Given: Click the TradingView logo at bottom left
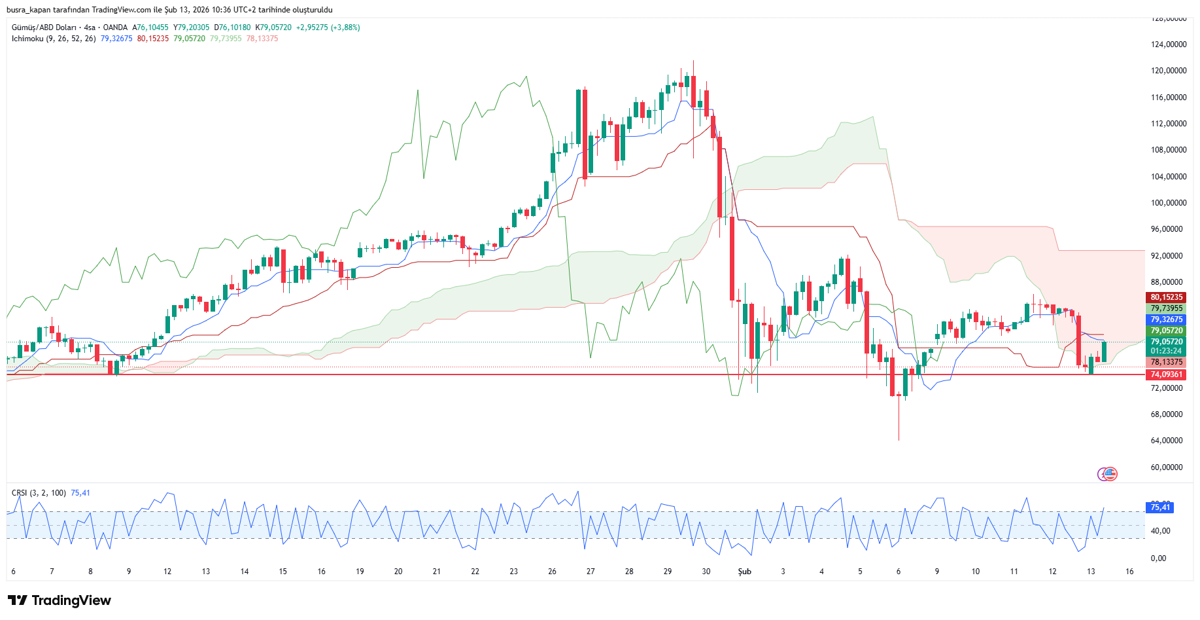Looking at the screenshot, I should (60, 600).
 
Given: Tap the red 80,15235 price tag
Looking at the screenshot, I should (1167, 297).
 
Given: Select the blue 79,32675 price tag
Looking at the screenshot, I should (1167, 319).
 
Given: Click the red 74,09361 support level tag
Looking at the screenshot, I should (1167, 374).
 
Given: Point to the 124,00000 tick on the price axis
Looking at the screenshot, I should (1168, 45).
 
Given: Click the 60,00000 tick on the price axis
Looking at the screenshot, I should (1168, 467).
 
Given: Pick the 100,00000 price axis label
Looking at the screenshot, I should (1168, 203).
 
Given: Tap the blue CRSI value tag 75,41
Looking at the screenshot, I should (1160, 507).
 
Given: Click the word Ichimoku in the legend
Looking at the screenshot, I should (27, 39).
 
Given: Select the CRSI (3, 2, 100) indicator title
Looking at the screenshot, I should (39, 493).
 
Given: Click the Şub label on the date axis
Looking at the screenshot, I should (744, 572).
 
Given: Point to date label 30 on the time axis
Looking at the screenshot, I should (706, 572).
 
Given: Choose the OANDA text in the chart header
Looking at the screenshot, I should (115, 27).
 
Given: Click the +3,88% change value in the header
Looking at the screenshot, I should (345, 27).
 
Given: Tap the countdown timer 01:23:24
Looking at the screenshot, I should (1167, 352).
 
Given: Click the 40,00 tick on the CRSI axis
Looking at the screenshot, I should (1160, 531).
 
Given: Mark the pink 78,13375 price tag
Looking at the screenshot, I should (1167, 362).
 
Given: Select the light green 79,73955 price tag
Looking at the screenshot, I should (1167, 308).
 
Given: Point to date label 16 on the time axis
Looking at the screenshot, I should (1129, 572).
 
